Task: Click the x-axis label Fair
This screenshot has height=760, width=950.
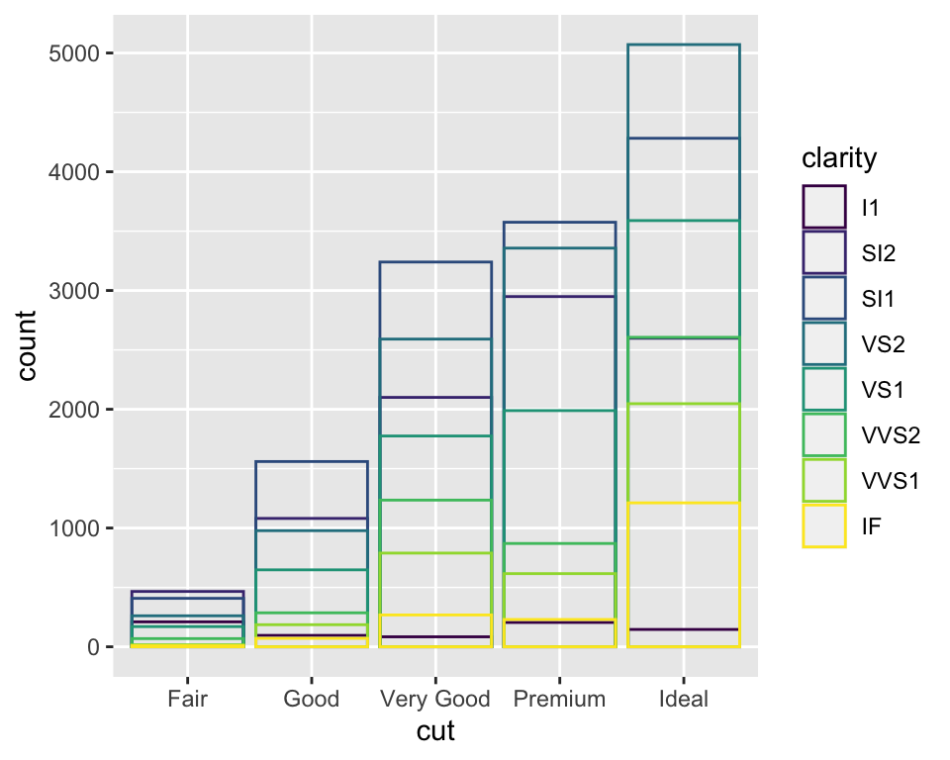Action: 187,699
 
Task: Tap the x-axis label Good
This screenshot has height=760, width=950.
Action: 312,699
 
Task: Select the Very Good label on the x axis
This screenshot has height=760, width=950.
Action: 435,700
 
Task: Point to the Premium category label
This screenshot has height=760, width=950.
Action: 559,699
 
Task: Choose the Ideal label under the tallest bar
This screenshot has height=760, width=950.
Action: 684,699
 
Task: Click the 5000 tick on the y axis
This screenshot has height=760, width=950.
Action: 74,53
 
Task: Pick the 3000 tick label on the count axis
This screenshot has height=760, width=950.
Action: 74,291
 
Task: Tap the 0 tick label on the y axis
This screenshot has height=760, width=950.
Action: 93,647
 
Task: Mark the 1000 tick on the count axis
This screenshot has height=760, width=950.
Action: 74,528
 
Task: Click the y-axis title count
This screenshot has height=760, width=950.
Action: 27,345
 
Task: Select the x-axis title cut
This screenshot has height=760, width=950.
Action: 435,731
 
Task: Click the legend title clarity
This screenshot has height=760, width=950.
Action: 839,158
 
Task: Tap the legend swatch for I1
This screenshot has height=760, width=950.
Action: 824,207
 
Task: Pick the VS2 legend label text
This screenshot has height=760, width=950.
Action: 883,344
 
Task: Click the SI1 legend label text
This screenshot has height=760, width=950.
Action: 878,299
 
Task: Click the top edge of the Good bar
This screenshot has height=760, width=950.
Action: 312,462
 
